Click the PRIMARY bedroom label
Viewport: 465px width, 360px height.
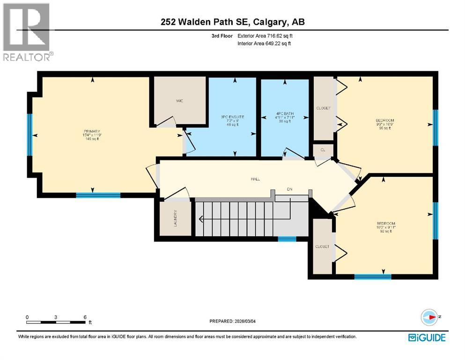pos(92,132)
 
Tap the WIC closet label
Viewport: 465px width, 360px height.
pos(179,101)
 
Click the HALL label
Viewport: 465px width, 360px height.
pos(255,179)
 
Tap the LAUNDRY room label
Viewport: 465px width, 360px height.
pos(175,218)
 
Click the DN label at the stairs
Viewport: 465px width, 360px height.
pos(290,190)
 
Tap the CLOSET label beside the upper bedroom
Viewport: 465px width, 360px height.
pos(323,108)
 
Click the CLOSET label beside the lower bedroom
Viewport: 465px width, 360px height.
pos(322,247)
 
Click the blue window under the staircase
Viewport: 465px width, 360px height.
pos(287,239)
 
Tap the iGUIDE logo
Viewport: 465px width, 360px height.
pos(427,337)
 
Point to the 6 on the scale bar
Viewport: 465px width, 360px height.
pos(85,317)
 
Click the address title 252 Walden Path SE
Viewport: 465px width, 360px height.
pos(232,22)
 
